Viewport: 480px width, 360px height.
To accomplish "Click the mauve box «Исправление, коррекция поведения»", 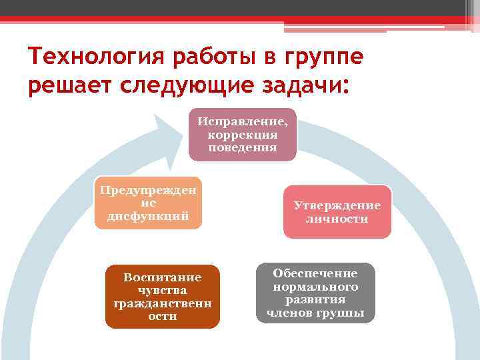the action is [242, 135].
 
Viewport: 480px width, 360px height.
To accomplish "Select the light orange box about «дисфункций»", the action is [148, 203].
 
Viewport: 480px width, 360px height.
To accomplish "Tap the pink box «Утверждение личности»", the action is [337, 212].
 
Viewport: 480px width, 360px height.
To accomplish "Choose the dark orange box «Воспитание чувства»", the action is [162, 296].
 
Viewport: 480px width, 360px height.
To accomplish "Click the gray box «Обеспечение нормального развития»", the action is [315, 293].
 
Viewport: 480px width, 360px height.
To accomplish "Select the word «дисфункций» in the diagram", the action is [148, 216].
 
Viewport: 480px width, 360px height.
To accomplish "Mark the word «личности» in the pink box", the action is [337, 219].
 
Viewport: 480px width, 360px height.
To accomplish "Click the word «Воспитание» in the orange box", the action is [162, 277].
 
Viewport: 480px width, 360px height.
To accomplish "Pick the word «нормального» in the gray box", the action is [315, 287].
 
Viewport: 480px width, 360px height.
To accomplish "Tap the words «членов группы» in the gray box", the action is [315, 313].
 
